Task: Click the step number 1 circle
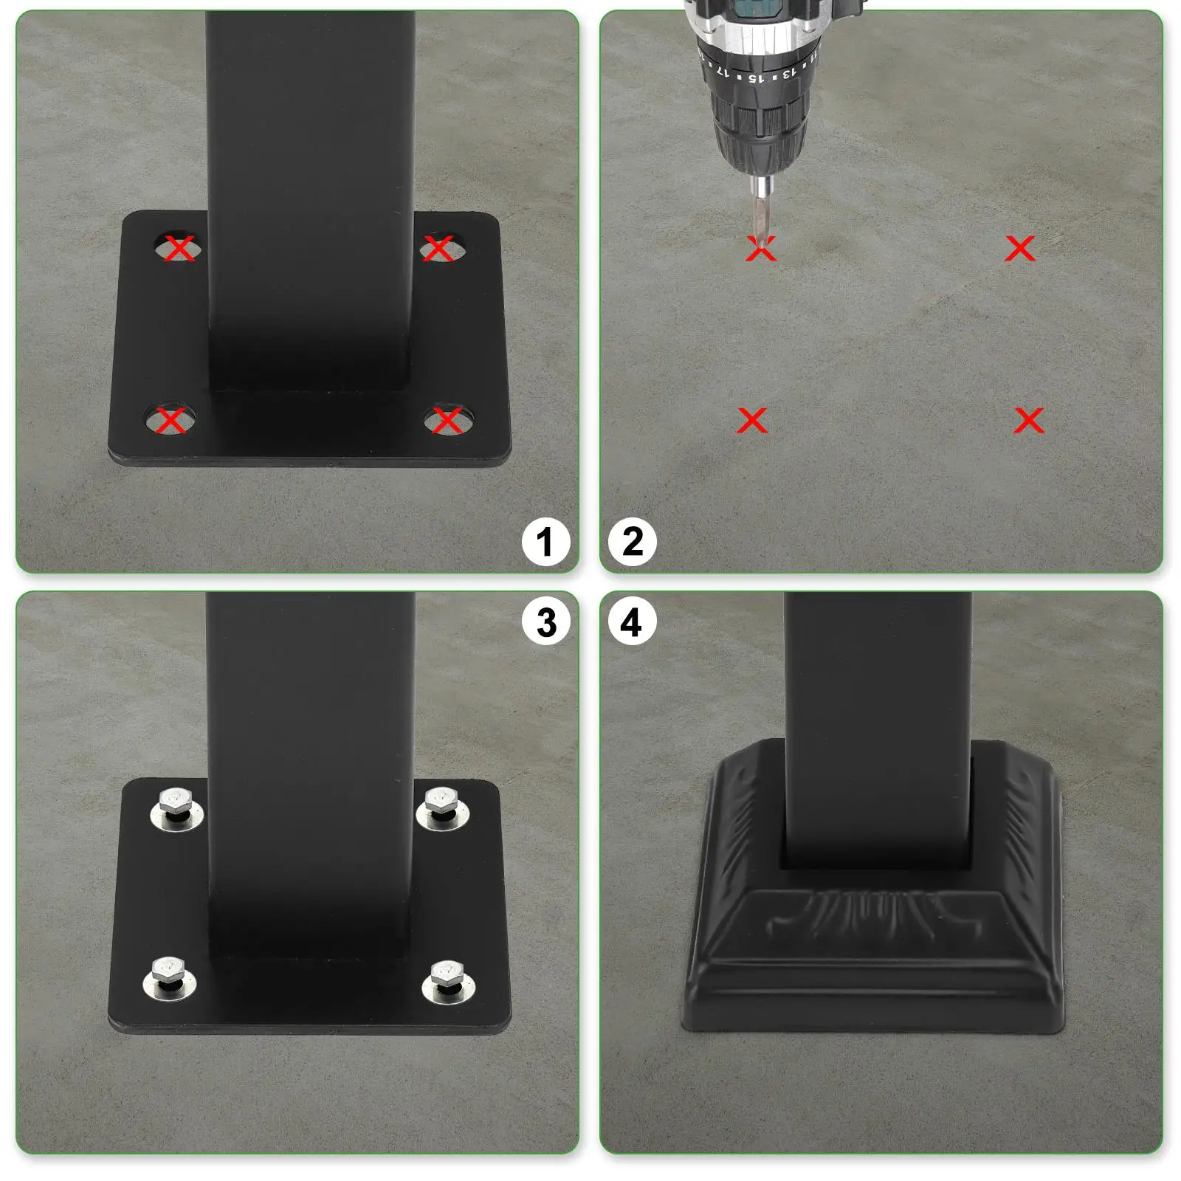(546, 543)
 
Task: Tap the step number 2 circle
(633, 543)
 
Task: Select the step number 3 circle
(546, 622)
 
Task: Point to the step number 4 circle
(633, 622)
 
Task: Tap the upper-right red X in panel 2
(1020, 249)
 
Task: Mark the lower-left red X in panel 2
(752, 421)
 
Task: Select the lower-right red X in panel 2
(1029, 421)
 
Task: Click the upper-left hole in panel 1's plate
(178, 248)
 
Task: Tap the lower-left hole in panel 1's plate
(171, 421)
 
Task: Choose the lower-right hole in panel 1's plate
(447, 421)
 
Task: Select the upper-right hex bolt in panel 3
(442, 803)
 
